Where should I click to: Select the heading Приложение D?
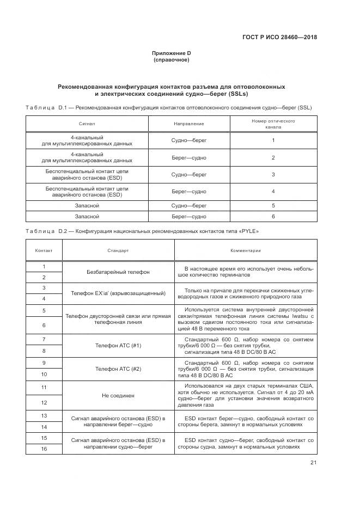(172, 53)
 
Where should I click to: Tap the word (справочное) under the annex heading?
(172, 60)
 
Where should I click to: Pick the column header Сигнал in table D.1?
(87, 124)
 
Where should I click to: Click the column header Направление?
(189, 124)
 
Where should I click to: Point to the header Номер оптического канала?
(273, 124)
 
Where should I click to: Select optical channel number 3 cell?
(273, 175)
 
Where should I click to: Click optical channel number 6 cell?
(273, 216)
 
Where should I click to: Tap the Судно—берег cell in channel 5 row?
(189, 206)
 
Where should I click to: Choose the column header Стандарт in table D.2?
(118, 251)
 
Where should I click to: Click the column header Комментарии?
(245, 251)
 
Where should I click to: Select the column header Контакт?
(44, 251)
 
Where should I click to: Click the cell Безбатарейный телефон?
(118, 272)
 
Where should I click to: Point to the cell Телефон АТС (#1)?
(118, 346)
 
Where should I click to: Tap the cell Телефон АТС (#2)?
(118, 369)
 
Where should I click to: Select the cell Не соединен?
(118, 395)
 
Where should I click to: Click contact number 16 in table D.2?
(44, 448)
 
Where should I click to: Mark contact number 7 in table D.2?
(44, 340)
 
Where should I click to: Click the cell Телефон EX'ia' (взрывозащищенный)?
(118, 293)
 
